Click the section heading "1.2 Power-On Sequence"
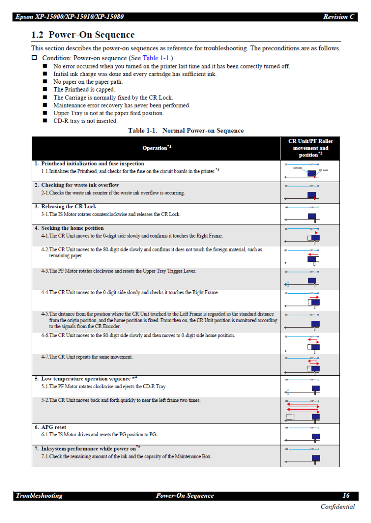point(83,35)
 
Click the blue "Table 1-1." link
point(157,58)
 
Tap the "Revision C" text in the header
point(338,17)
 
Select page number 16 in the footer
point(346,496)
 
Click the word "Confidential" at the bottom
point(337,506)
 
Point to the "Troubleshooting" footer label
point(39,496)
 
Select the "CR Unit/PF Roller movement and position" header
point(310,148)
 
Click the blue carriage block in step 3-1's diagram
point(312,216)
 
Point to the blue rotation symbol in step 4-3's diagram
point(287,285)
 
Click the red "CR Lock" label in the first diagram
point(323,170)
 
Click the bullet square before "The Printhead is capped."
point(45,89)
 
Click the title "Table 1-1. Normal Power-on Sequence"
point(186,131)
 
